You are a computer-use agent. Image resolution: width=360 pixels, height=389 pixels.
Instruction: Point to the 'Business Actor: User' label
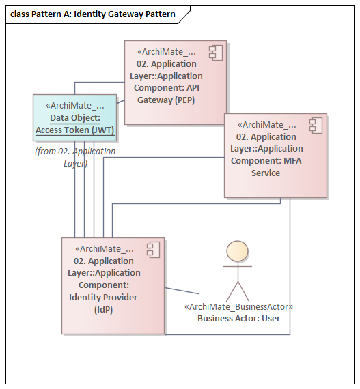point(238,318)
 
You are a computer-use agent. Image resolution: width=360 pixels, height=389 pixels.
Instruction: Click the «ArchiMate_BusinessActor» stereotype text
point(238,307)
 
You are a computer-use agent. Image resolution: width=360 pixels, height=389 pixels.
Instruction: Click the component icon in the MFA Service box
point(314,125)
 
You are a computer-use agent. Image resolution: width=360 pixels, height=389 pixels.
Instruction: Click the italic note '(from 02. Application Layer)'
point(74,157)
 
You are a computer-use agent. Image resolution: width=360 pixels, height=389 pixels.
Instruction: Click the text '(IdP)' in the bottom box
point(103,309)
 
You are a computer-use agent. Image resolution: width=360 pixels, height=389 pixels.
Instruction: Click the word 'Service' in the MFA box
point(266,173)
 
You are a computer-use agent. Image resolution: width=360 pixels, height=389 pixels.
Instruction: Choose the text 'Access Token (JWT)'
point(74,130)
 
